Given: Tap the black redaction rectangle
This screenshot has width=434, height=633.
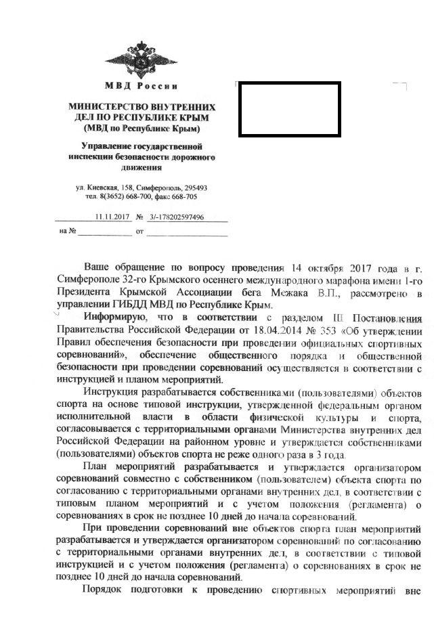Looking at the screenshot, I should (290, 110).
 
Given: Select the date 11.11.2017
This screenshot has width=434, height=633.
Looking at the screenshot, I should (113, 217).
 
